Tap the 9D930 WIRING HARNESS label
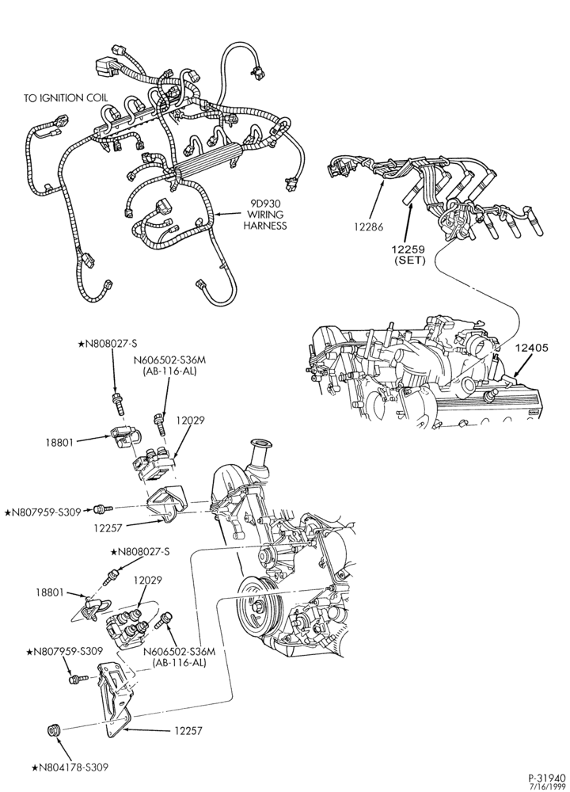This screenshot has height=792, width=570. click(265, 215)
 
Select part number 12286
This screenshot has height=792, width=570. click(368, 227)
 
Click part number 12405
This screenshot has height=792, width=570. click(533, 348)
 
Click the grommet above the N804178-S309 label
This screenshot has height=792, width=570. click(54, 730)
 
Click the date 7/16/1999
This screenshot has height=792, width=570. click(551, 786)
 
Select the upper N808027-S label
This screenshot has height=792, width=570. click(108, 344)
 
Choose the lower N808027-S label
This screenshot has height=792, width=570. click(140, 552)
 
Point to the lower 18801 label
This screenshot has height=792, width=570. click(51, 592)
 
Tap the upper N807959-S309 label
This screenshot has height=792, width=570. click(43, 512)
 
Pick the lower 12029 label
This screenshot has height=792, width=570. click(147, 581)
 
